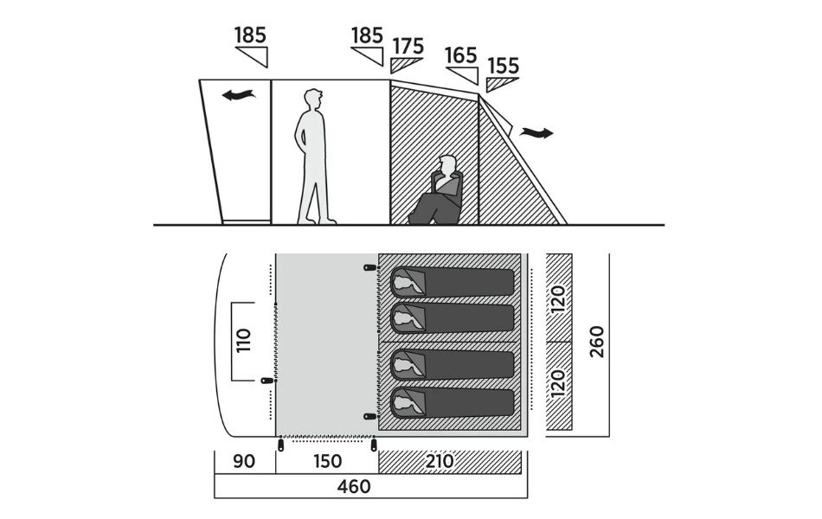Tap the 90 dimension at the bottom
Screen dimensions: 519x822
(244, 462)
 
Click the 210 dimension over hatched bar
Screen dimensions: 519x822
(440, 462)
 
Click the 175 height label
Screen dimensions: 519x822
(408, 46)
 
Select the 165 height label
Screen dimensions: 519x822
(461, 54)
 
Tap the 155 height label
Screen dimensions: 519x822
(503, 66)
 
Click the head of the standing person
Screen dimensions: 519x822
(313, 99)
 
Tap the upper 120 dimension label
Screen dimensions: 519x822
(559, 298)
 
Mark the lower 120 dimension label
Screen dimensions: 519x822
(559, 381)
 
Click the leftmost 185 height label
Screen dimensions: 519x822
(250, 35)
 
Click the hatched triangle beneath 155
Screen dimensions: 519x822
(499, 84)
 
